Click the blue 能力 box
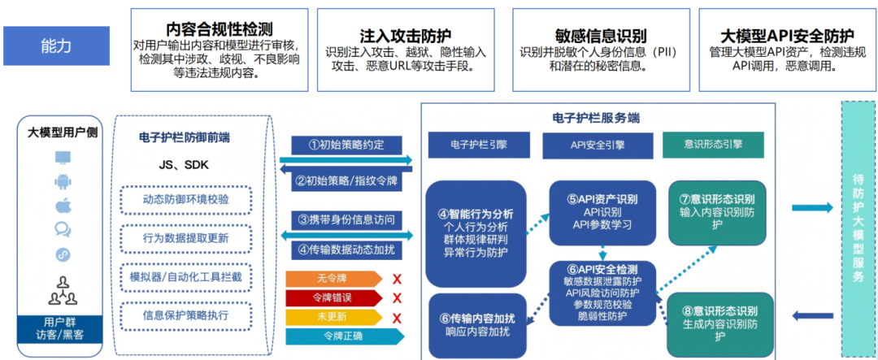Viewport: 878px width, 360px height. tap(56, 46)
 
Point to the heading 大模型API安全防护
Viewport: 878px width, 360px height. tap(787, 36)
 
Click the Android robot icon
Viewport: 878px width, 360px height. tap(62, 180)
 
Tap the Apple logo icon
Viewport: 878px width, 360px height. tap(62, 205)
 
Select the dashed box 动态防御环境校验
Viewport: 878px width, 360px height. tap(185, 199)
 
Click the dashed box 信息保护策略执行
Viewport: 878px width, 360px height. tap(185, 314)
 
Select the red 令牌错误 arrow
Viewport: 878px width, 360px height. tap(332, 297)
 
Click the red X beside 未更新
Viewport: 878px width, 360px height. tap(397, 316)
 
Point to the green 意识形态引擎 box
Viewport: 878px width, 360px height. tap(713, 145)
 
